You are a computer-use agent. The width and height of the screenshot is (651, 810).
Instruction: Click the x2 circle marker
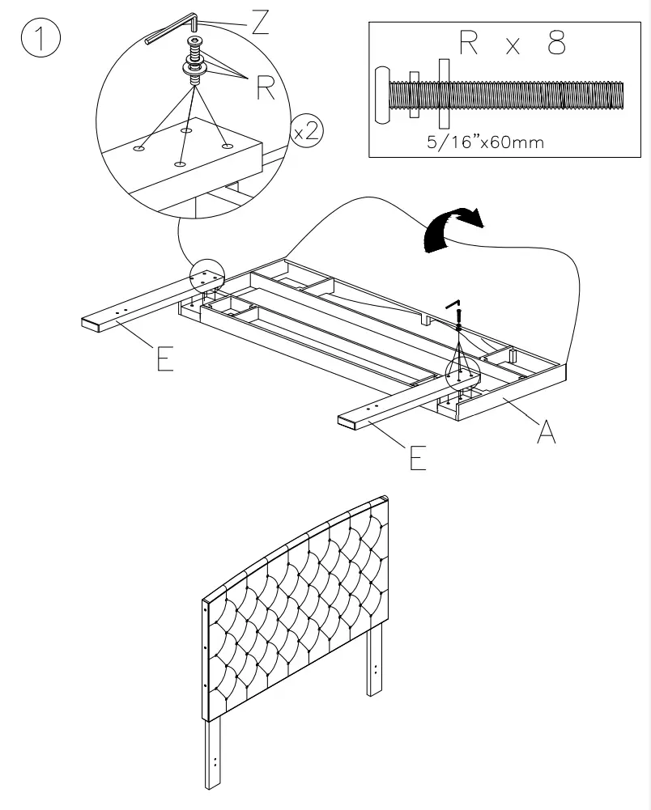coord(305,132)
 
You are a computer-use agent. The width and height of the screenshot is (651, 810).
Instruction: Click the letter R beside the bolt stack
coord(266,88)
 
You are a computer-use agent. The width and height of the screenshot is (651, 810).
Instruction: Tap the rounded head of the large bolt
coord(382,95)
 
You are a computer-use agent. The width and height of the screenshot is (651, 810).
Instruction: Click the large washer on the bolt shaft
coord(442,93)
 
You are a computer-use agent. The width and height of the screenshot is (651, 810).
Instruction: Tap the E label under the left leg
coord(165,358)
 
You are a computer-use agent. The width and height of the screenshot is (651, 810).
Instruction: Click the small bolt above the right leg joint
coord(457,316)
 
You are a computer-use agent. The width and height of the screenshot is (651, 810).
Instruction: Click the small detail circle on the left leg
coord(206,278)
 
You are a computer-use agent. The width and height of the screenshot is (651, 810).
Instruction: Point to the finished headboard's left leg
coord(214,753)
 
